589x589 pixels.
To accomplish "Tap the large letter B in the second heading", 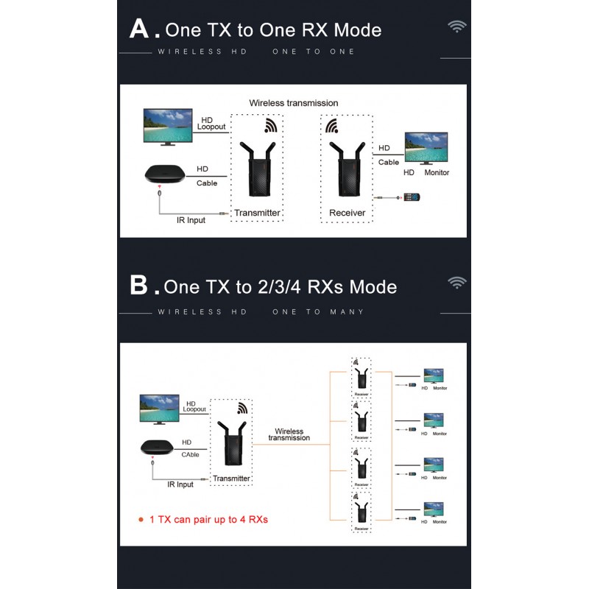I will pyautogui.click(x=139, y=285).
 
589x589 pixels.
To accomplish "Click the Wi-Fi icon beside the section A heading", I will pyautogui.click(x=457, y=27).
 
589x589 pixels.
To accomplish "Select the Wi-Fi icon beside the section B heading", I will pyautogui.click(x=457, y=283).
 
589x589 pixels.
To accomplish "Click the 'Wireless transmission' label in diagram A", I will pyautogui.click(x=293, y=103).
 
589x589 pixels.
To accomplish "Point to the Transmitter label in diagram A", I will pyautogui.click(x=257, y=214).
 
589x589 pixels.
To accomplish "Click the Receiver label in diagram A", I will pyautogui.click(x=347, y=214).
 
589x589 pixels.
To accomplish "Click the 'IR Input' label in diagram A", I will pyautogui.click(x=191, y=219).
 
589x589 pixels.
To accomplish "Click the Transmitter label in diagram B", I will pyautogui.click(x=231, y=479).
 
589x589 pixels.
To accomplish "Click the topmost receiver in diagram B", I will pyautogui.click(x=361, y=378).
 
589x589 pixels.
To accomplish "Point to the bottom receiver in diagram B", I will pyautogui.click(x=361, y=509).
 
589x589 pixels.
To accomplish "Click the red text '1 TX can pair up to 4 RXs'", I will pyautogui.click(x=208, y=519).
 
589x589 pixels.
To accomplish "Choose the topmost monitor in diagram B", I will pyautogui.click(x=432, y=375).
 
